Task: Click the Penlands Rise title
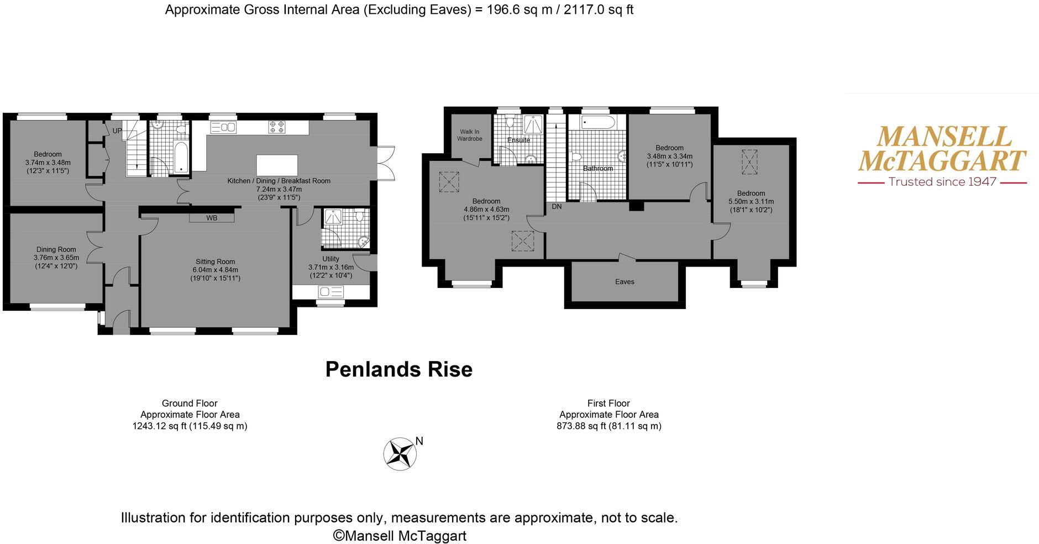point(398,369)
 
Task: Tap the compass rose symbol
point(400,454)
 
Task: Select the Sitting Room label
point(215,261)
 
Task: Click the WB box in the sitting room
point(212,218)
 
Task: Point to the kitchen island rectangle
point(277,165)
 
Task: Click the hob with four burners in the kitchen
point(277,127)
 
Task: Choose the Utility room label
point(330,259)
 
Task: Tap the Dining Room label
point(56,249)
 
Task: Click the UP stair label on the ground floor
point(117,131)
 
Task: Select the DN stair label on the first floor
point(557,206)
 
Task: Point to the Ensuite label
point(518,140)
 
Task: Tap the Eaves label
point(625,281)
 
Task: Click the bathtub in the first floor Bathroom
point(597,122)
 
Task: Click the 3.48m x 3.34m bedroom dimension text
point(669,156)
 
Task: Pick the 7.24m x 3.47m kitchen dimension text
point(279,189)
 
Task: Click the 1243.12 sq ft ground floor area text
point(190,426)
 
